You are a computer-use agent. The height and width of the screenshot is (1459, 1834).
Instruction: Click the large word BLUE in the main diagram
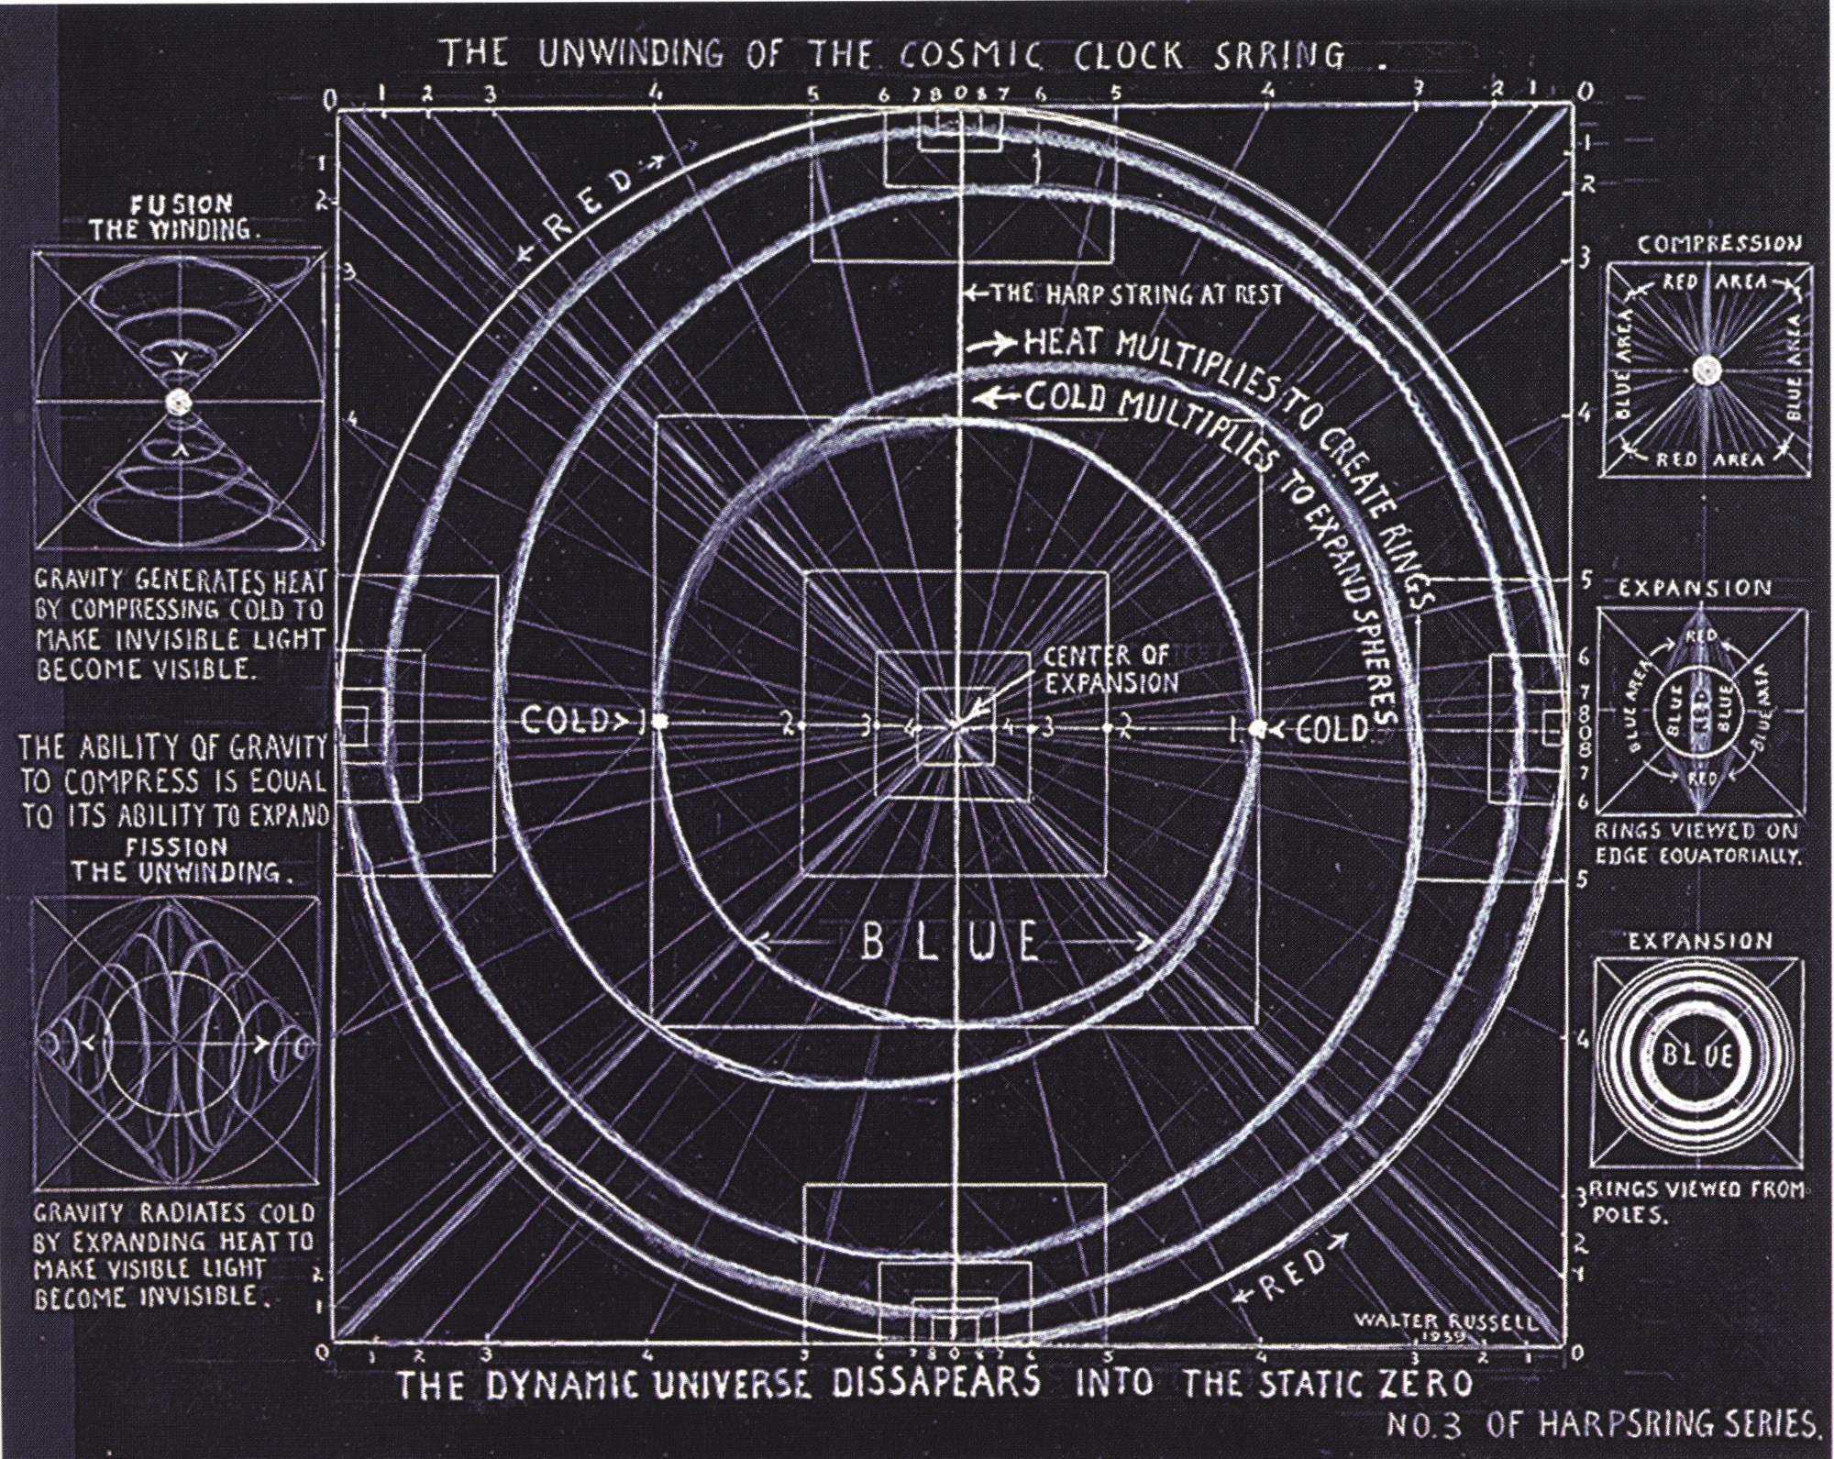[951, 942]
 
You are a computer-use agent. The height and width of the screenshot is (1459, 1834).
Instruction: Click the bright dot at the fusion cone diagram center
[177, 402]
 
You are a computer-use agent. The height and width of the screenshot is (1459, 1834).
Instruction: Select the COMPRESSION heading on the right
[1719, 244]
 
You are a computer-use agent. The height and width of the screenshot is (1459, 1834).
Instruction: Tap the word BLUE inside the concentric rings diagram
[1699, 1056]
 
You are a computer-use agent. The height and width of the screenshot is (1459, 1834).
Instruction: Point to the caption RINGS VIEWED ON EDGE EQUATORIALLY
[1699, 845]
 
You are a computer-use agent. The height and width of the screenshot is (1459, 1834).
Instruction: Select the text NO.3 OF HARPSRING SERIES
[1600, 1446]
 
